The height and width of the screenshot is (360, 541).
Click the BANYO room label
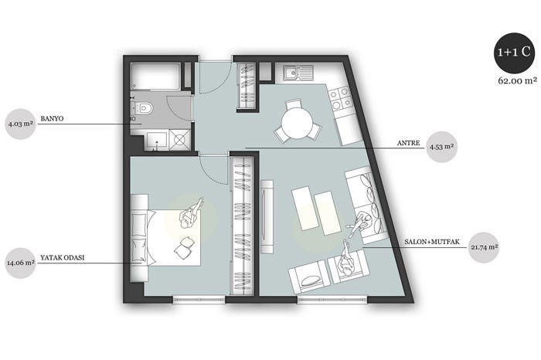pos(52,119)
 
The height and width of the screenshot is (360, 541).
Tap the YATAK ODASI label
pos(63,257)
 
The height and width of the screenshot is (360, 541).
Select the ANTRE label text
pos(409,143)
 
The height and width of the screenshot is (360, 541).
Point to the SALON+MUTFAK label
pos(432,242)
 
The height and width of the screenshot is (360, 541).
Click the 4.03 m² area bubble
pos(21,124)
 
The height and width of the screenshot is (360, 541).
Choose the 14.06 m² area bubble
pos(21,263)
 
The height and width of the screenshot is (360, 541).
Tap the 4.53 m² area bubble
pos(441,147)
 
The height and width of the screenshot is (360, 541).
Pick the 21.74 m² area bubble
pos(485,247)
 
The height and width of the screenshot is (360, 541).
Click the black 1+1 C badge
pos(514,53)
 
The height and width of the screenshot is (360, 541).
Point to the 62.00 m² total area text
pos(517,80)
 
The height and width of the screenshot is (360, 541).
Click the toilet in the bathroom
pos(142,107)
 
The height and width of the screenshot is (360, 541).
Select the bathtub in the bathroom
pos(155,76)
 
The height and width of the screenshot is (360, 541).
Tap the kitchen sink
pos(298,73)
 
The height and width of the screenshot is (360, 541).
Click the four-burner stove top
pos(340,99)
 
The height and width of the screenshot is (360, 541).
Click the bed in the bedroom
pos(165,237)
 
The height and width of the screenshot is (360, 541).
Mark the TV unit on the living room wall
pos(267,216)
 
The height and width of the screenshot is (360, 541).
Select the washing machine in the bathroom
pos(179,140)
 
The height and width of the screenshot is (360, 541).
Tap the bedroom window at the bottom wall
pos(199,300)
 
